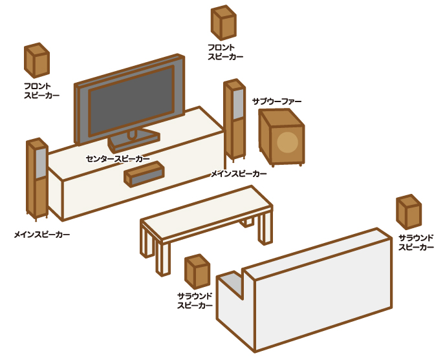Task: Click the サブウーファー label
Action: click(277, 101)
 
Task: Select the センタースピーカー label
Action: click(118, 159)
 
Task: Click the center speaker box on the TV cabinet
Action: click(144, 174)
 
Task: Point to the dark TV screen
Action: click(131, 101)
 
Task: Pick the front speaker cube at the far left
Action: click(37, 60)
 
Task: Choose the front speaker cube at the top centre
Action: click(224, 23)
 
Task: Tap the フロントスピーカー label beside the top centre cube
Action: click(225, 52)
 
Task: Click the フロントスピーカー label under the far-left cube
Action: click(41, 90)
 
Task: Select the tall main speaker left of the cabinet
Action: click(37, 179)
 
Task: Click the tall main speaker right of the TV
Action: click(234, 120)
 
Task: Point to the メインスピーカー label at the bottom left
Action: click(42, 235)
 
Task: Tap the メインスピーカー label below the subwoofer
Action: click(239, 174)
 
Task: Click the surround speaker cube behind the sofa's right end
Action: click(409, 212)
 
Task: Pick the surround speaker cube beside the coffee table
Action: click(197, 271)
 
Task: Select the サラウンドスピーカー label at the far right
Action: click(416, 242)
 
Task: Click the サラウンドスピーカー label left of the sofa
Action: click(195, 301)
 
